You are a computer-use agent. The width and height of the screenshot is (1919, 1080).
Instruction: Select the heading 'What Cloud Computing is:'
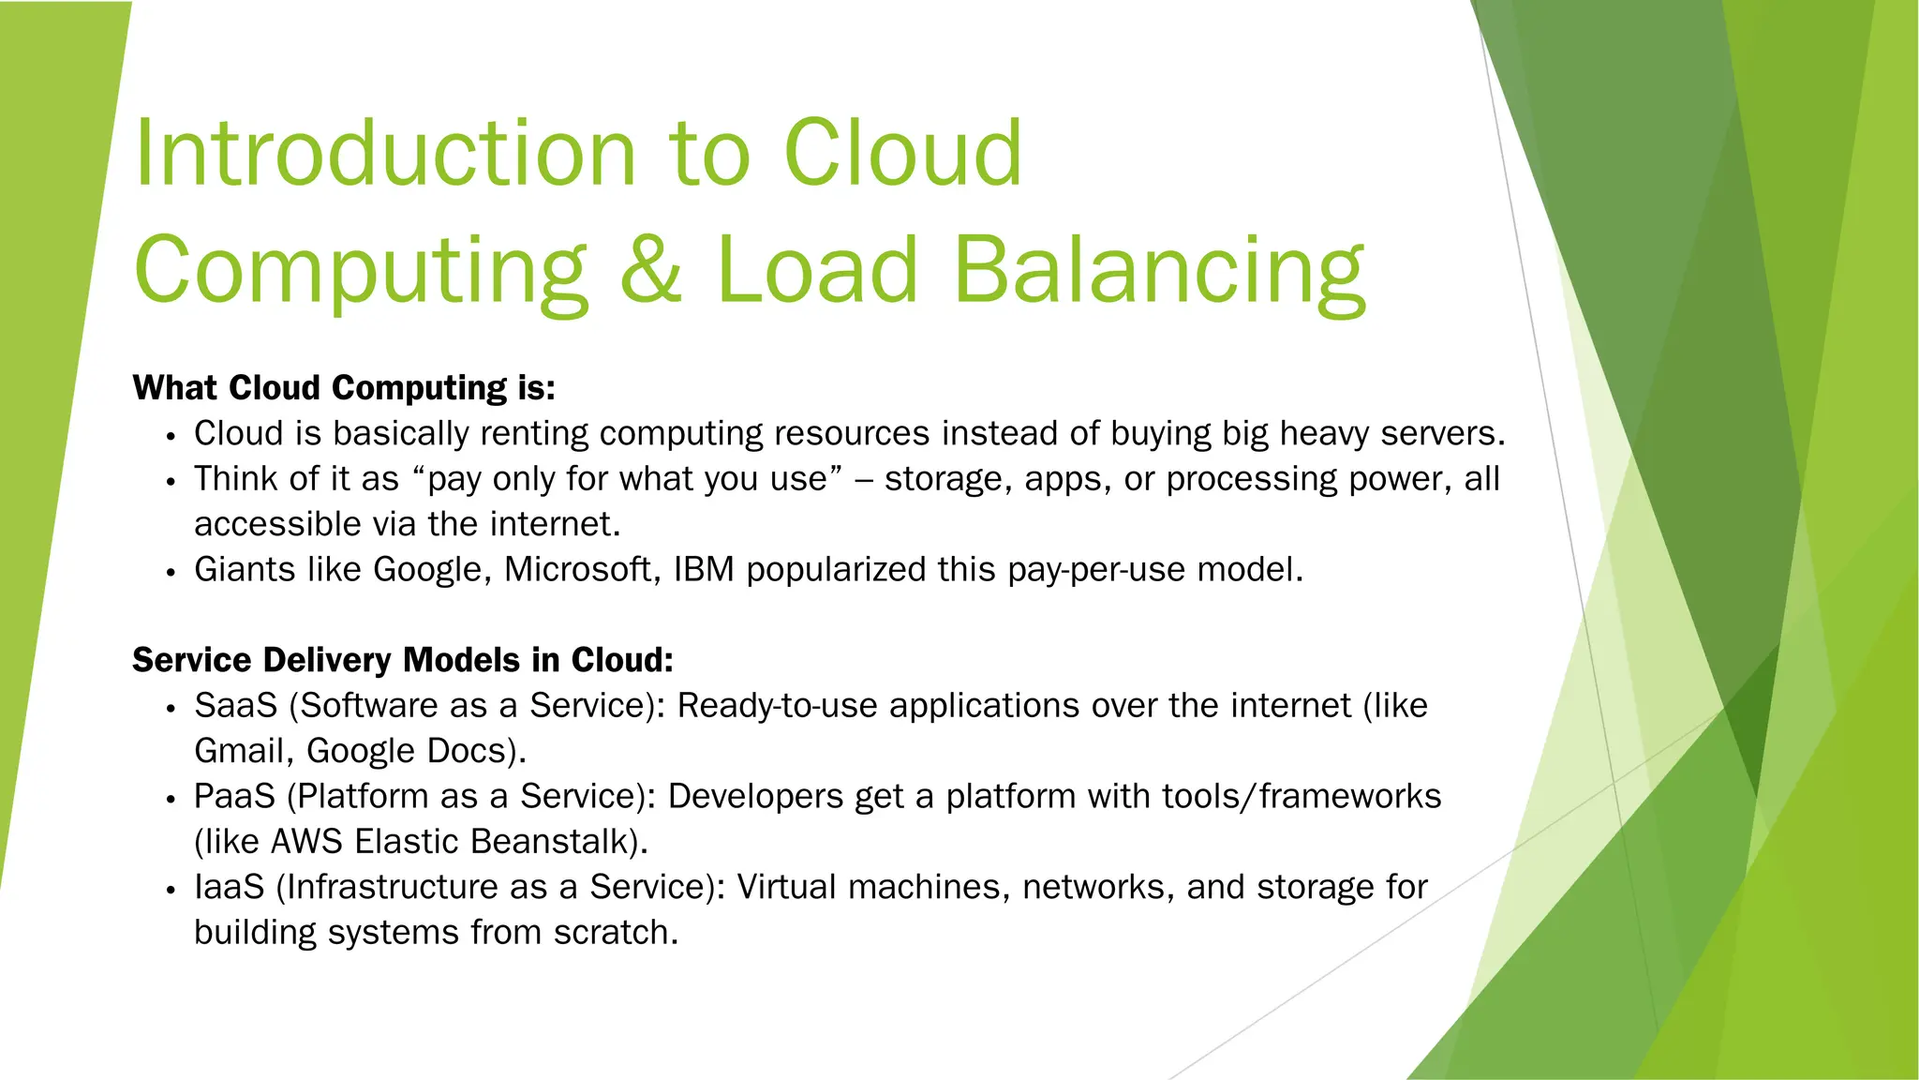(x=344, y=387)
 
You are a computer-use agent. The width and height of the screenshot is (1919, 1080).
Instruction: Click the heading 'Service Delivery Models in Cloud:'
(x=403, y=660)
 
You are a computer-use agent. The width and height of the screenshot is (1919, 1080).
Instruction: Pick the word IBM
(x=704, y=570)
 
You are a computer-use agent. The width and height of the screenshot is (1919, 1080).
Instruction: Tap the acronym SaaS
(x=235, y=706)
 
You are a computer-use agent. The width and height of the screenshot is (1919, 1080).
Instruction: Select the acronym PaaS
(x=234, y=797)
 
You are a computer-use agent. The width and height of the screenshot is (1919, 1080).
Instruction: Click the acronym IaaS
(x=230, y=887)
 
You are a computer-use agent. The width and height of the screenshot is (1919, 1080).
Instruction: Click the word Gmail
(x=244, y=751)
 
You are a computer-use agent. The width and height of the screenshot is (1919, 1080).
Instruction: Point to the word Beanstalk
(x=551, y=842)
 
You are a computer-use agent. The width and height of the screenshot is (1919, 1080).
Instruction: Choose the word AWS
(x=306, y=842)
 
